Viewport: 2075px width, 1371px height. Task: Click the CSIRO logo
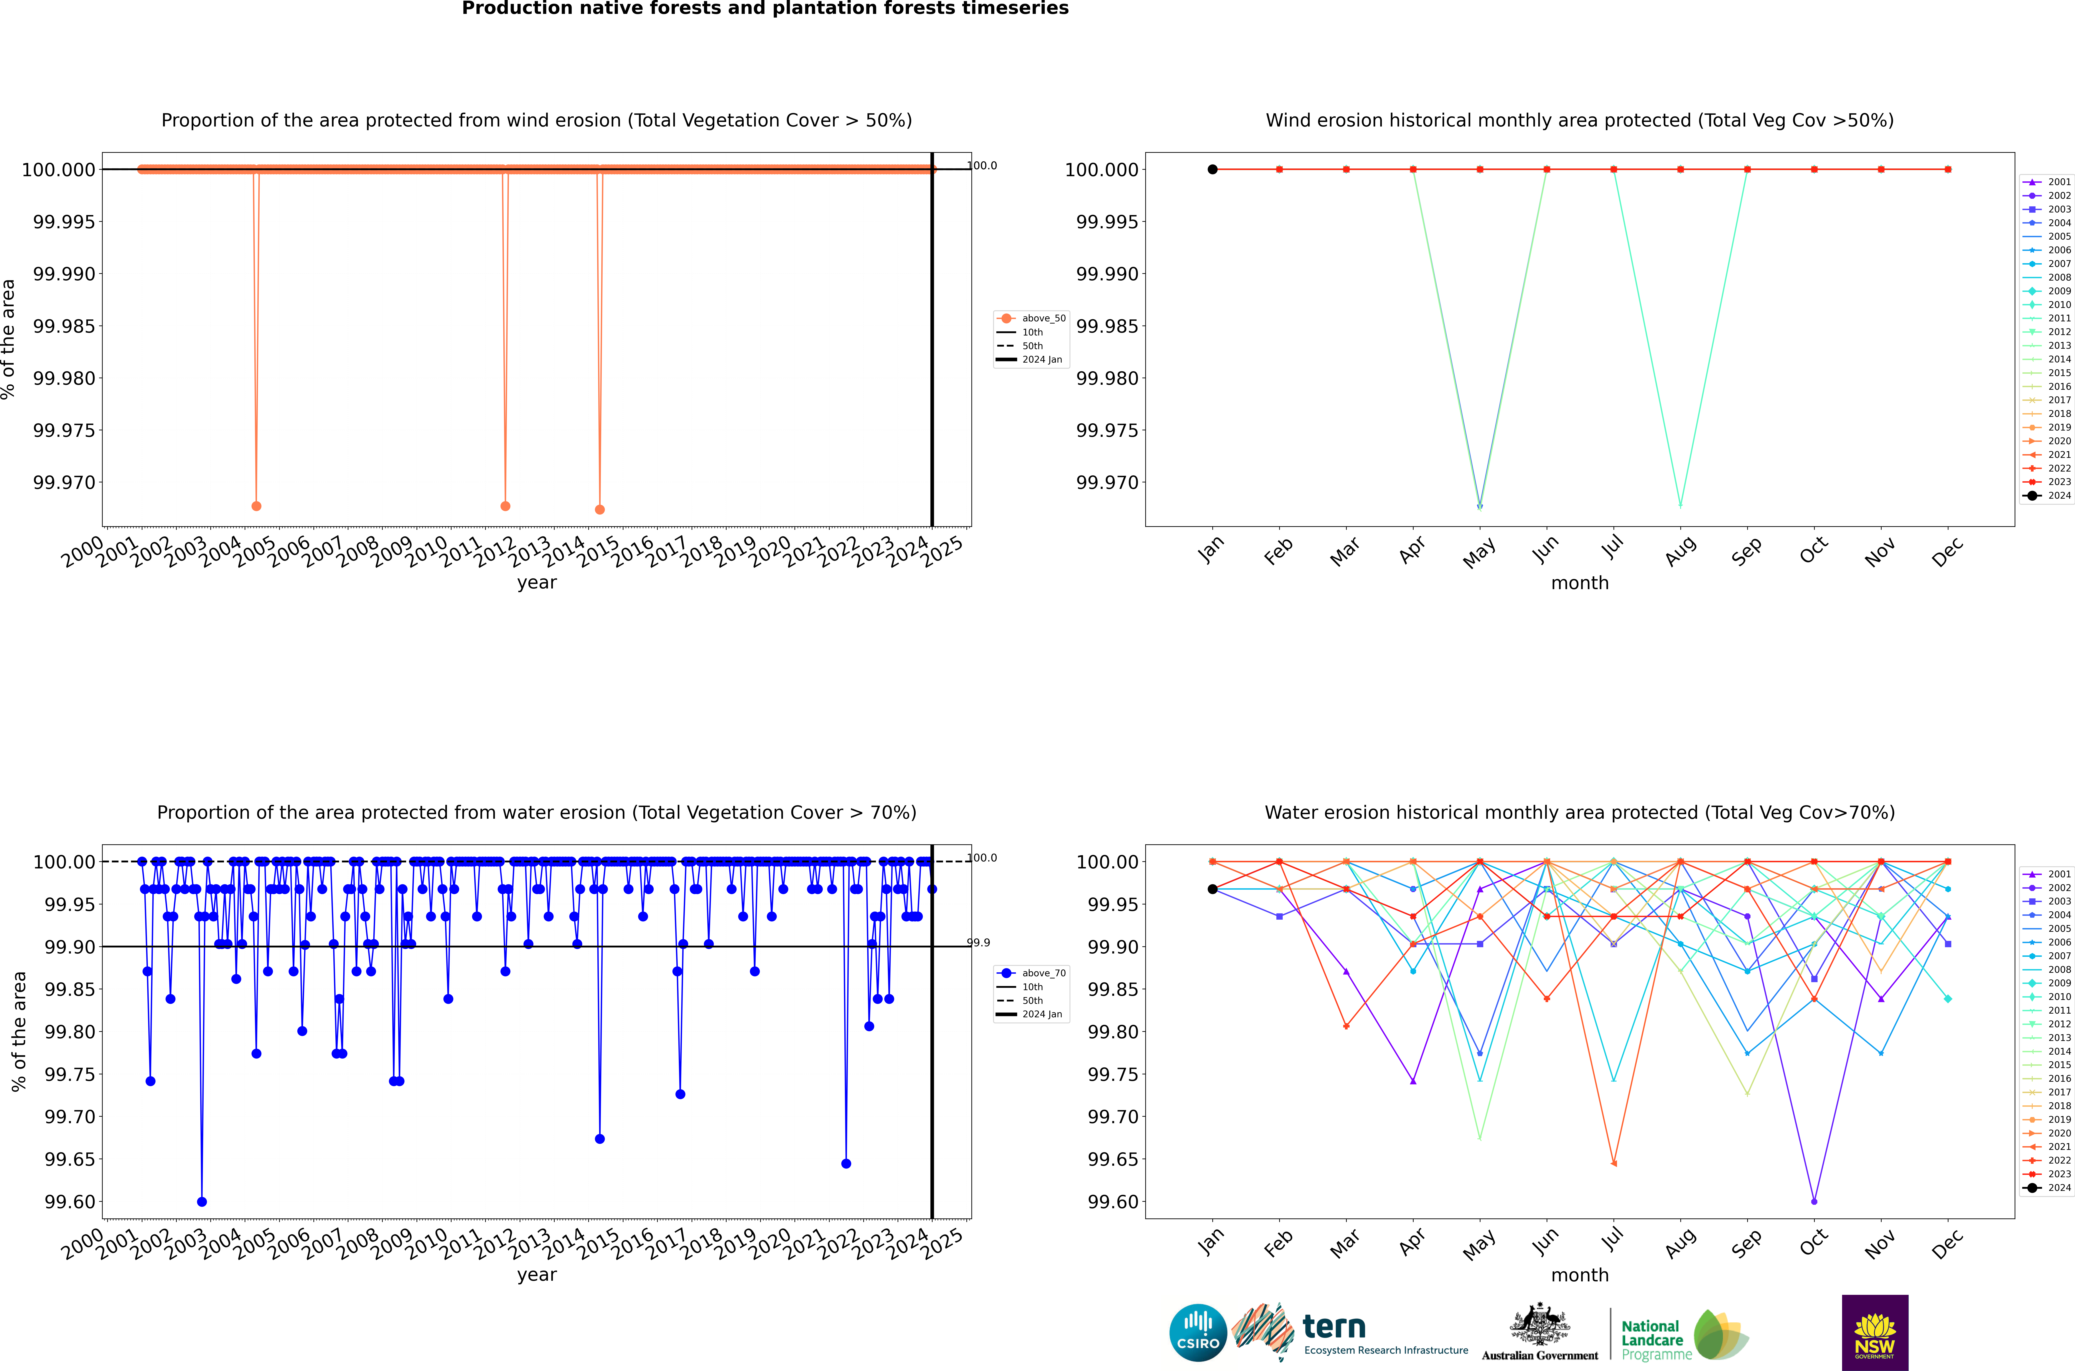[1197, 1333]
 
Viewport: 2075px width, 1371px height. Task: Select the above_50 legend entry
[1032, 318]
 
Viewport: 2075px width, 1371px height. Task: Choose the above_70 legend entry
[1032, 973]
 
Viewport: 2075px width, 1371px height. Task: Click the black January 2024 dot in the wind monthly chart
[1212, 170]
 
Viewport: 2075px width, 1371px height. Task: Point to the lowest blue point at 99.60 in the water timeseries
[202, 1201]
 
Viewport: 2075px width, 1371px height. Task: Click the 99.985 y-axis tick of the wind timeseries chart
[64, 326]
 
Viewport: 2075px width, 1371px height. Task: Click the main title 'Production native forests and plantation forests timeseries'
[765, 9]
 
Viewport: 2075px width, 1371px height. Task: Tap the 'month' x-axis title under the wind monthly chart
[1579, 583]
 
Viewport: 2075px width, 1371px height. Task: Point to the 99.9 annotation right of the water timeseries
[979, 943]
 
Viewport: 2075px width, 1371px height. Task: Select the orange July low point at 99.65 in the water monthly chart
[1613, 1163]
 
